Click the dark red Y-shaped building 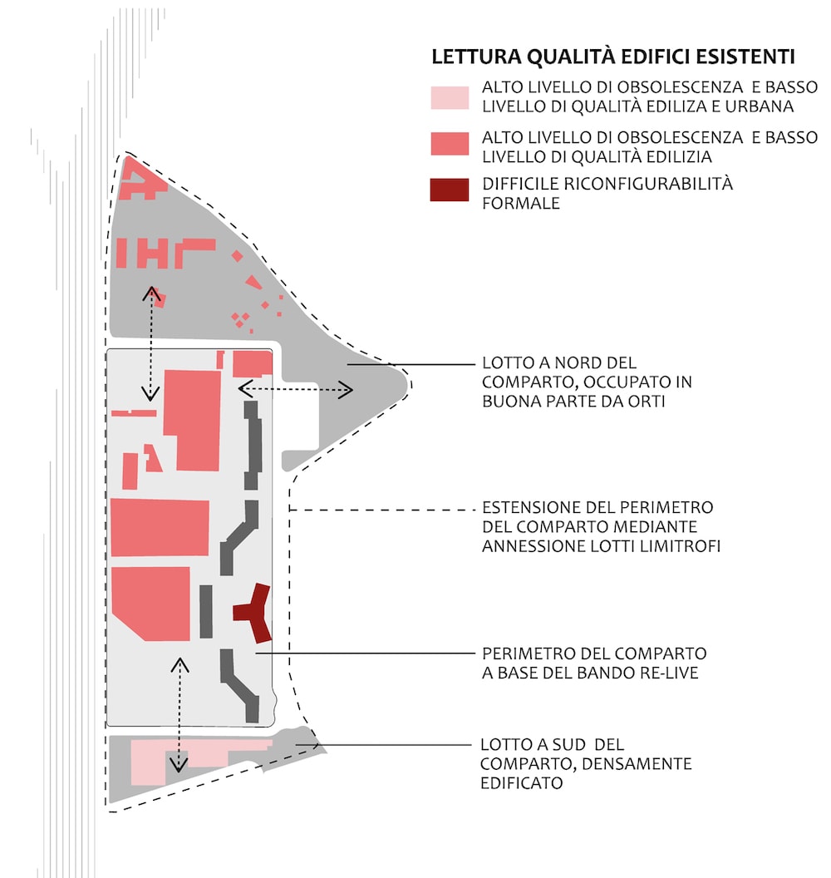(253, 612)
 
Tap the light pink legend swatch (450, 97)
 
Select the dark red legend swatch (450, 190)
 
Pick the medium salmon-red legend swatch (450, 143)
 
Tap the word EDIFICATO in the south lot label (522, 783)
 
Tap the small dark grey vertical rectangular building (206, 611)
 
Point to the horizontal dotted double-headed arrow (296, 389)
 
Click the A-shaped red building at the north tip (141, 180)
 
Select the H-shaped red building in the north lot (153, 253)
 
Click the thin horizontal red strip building (134, 413)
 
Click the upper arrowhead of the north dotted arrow (151, 293)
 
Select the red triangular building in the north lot (254, 282)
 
